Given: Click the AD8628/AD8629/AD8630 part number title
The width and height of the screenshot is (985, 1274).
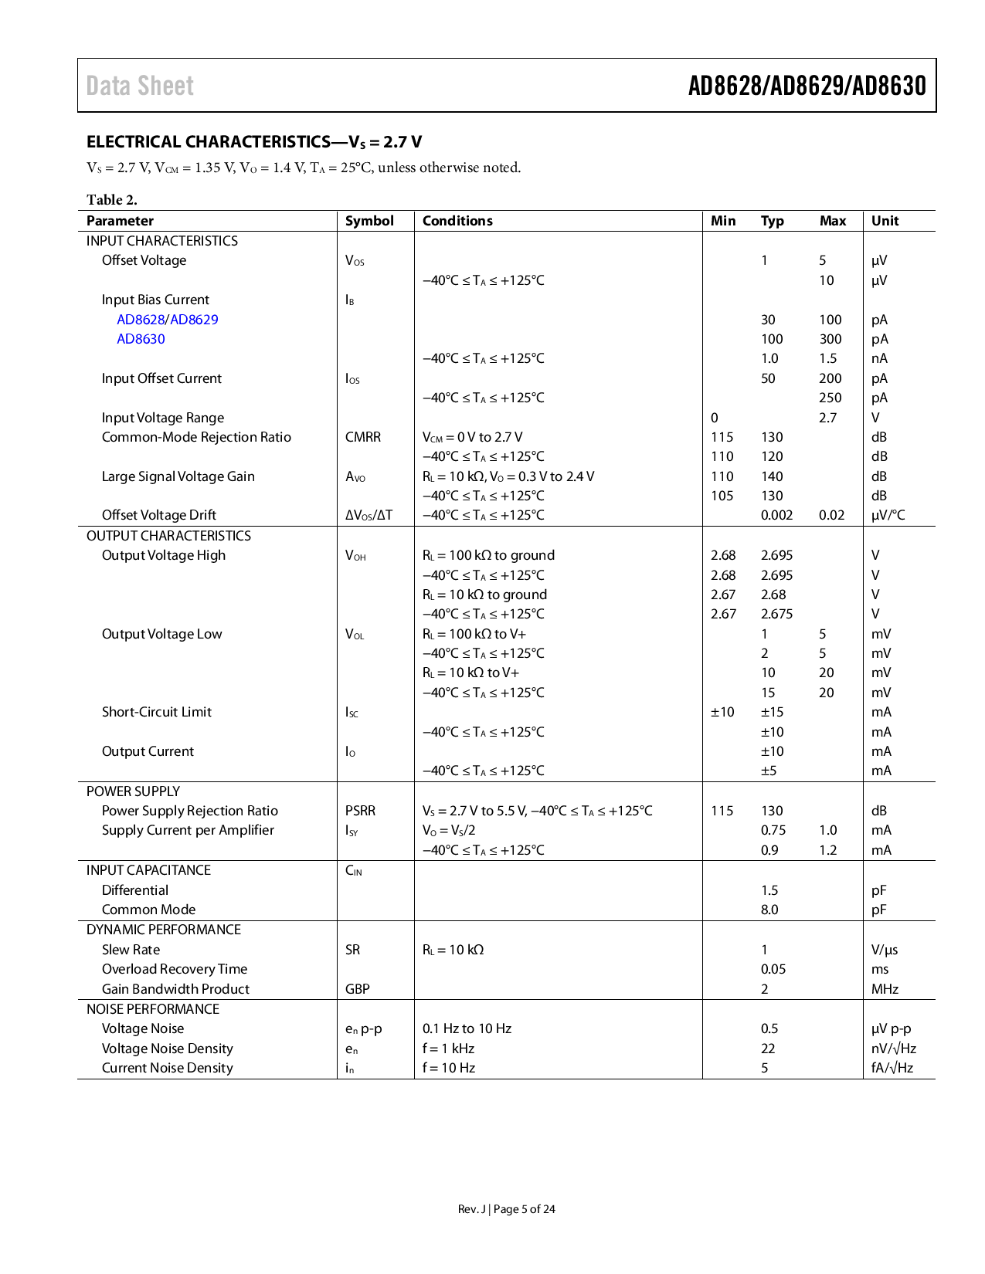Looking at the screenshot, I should click(x=807, y=86).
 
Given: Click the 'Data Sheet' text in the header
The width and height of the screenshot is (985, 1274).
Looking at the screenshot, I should click(x=140, y=86).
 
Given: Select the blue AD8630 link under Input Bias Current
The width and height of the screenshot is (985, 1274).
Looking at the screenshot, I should click(x=141, y=339).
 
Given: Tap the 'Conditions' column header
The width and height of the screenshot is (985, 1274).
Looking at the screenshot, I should click(x=457, y=221).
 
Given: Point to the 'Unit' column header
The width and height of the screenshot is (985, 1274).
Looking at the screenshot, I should click(x=885, y=221).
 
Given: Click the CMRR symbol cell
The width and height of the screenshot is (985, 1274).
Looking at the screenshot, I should click(x=363, y=437).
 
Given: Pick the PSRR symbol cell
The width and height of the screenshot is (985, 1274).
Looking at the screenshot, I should click(x=360, y=811).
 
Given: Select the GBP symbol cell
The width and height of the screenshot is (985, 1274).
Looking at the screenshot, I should click(x=357, y=989).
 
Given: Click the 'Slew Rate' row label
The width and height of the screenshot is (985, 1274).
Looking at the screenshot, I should click(x=131, y=950).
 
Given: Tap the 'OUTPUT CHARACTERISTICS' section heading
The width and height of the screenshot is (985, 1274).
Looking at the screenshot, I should click(x=168, y=536).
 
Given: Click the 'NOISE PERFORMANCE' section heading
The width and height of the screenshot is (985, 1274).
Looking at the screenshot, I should click(x=153, y=1009).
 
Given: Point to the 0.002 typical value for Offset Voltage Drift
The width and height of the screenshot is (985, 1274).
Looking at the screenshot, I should click(x=776, y=515).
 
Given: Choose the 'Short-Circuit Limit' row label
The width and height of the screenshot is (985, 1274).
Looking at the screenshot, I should click(x=157, y=712).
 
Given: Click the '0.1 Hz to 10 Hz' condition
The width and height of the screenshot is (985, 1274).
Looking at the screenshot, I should click(x=467, y=1028).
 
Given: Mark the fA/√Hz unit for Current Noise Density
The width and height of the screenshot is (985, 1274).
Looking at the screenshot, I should click(x=892, y=1068).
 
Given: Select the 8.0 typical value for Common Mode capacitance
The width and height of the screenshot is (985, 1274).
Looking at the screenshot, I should click(x=769, y=910).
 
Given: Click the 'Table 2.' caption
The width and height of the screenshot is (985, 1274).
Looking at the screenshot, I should click(x=112, y=200).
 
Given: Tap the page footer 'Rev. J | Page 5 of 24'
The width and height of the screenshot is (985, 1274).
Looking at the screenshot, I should click(x=506, y=1209).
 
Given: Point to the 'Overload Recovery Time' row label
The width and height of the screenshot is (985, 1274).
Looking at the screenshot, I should click(x=175, y=969).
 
